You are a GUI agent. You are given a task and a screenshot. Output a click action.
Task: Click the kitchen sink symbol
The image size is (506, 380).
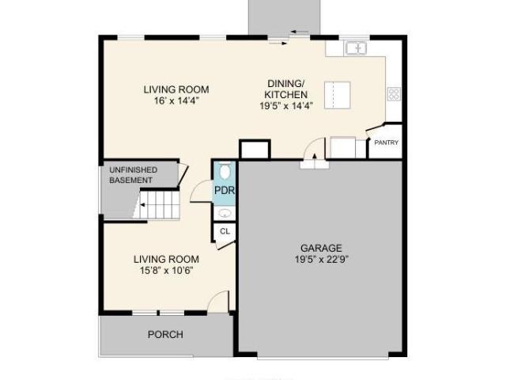357,48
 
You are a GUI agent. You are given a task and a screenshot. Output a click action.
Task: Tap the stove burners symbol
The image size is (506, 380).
394,94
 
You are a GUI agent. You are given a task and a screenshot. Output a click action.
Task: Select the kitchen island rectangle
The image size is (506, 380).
338,95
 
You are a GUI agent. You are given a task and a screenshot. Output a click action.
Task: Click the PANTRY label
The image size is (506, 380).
387,142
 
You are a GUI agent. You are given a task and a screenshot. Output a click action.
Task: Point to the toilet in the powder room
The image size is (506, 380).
225,170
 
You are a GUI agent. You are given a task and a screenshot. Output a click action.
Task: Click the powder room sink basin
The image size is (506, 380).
225,213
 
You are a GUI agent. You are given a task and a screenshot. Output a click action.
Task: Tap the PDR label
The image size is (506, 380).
225,190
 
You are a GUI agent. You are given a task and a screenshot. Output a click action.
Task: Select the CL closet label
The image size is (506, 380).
225,231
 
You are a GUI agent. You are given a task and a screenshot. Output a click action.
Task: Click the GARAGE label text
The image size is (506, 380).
321,248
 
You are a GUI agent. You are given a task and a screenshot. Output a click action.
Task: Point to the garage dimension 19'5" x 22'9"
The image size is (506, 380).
322,259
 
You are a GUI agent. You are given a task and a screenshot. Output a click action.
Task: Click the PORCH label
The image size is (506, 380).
165,334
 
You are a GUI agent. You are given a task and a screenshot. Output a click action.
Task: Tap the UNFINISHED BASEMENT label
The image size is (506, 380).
134,175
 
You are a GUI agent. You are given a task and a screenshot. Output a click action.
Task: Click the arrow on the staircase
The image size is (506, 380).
142,204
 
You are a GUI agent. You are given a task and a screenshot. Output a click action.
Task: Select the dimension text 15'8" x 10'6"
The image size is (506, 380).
167,270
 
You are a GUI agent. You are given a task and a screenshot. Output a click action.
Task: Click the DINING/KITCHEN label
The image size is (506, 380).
286,89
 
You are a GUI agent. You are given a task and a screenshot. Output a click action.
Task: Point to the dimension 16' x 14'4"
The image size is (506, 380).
176,101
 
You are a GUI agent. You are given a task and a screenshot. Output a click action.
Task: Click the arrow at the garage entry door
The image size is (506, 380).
315,157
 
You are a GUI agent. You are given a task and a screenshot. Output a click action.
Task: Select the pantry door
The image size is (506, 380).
375,127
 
